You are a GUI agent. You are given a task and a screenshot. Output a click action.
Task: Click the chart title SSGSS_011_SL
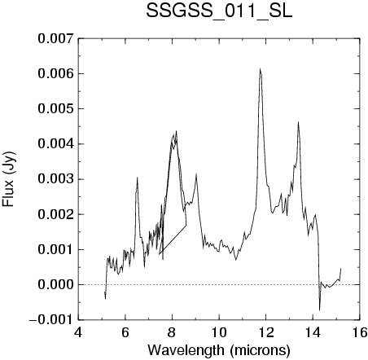[219, 11]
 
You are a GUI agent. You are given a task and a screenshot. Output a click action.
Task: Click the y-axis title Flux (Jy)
[8, 179]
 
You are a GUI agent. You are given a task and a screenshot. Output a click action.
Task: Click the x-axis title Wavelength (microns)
[219, 350]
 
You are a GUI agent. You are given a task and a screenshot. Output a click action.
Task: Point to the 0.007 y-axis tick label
[55, 38]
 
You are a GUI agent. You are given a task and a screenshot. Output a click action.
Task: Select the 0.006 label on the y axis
[55, 73]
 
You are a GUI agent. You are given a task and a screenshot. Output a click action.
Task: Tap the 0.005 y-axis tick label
[55, 108]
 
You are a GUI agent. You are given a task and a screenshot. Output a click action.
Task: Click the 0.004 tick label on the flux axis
[55, 143]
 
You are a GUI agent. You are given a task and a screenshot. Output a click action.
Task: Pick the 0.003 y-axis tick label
[55, 179]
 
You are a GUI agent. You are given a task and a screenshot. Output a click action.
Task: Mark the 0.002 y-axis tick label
[55, 214]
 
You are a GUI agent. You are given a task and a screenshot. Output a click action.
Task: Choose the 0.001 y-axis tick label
[55, 249]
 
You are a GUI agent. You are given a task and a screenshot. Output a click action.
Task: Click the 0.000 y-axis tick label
[55, 284]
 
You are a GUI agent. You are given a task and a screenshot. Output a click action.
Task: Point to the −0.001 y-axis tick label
[51, 320]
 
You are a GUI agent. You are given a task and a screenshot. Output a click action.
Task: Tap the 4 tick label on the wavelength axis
[78, 332]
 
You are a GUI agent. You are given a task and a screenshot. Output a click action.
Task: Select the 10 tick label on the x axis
[219, 332]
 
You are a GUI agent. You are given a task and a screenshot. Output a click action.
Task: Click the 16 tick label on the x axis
[360, 332]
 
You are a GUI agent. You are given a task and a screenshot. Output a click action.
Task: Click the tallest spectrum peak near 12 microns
[260, 68]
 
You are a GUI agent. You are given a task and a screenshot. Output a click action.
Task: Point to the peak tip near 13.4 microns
[298, 122]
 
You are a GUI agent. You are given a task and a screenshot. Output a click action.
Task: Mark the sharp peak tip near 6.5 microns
[138, 178]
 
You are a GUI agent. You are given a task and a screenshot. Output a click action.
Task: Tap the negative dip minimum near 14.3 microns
[320, 310]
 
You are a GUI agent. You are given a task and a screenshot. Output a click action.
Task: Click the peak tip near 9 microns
[196, 173]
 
